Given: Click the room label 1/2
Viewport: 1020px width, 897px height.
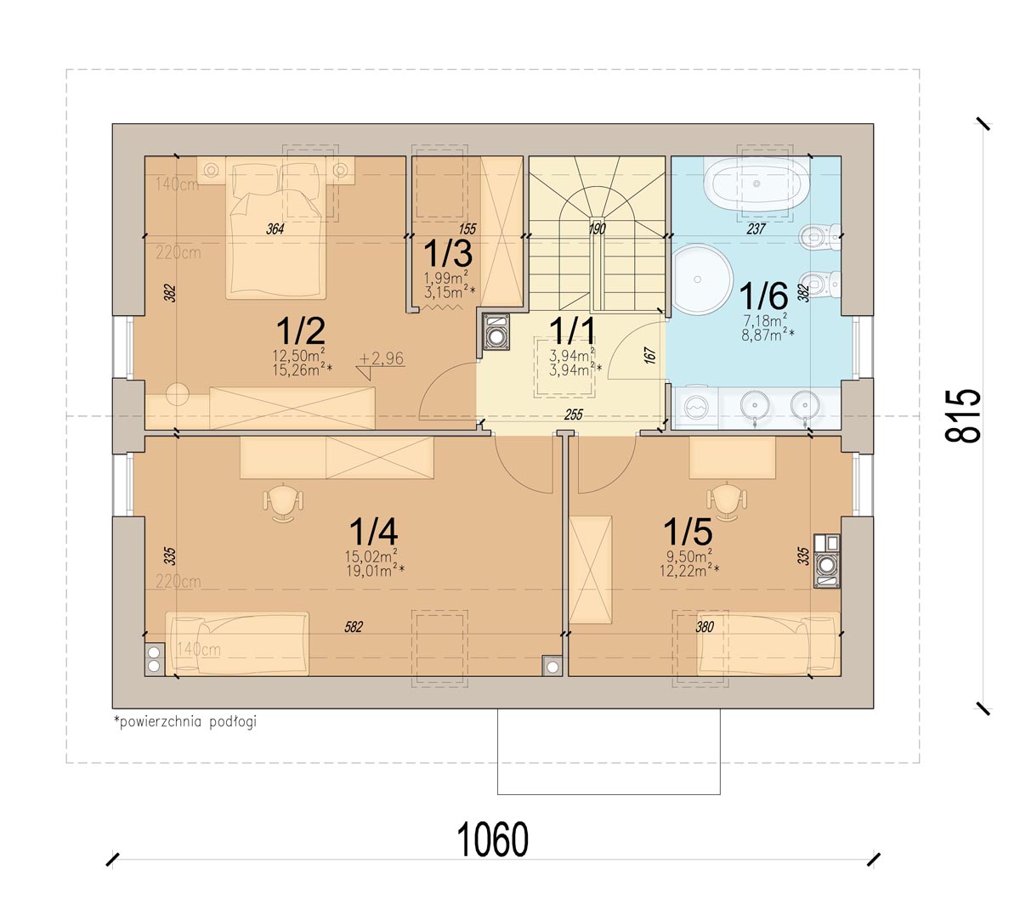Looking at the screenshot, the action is click(x=301, y=330).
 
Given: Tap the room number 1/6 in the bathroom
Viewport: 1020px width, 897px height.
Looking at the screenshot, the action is click(x=762, y=296).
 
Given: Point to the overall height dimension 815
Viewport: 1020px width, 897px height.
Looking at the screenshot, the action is click(x=962, y=415).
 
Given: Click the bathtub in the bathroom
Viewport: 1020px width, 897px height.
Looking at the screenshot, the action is click(x=756, y=183).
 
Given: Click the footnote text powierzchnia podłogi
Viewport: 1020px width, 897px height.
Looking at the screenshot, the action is click(x=185, y=721).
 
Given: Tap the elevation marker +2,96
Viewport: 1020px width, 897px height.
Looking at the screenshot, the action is click(x=382, y=358).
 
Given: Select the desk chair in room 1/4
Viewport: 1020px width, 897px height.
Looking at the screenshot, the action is click(x=283, y=501).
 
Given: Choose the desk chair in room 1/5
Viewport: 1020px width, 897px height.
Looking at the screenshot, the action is click(x=727, y=501).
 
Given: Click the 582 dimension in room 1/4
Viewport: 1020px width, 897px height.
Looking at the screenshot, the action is click(x=353, y=627).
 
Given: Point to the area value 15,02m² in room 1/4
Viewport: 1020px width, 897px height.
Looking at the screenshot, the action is click(x=371, y=556).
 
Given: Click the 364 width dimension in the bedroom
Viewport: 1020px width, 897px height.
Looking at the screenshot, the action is click(x=275, y=228).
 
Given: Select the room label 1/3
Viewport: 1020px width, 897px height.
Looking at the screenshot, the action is click(x=448, y=253).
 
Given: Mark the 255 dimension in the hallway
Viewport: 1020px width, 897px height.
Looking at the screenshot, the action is click(x=574, y=415).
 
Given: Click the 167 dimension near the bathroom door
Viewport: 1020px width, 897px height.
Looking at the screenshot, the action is click(x=650, y=356).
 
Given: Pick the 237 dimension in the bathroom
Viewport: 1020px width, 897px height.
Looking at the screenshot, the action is click(x=756, y=228).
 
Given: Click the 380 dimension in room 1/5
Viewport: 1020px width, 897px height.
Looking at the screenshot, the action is click(x=705, y=627).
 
